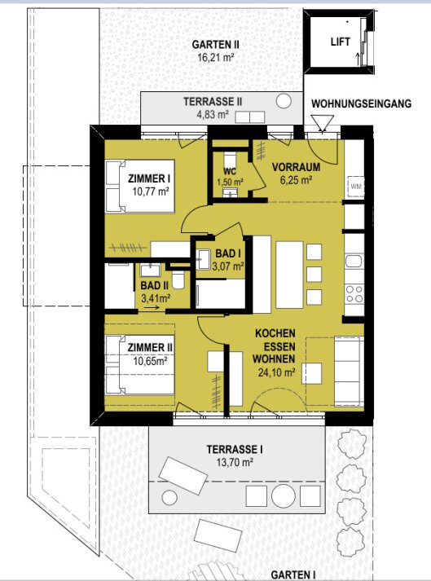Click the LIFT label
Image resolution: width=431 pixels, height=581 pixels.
click(341, 42)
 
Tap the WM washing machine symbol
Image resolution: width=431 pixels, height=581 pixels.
click(356, 186)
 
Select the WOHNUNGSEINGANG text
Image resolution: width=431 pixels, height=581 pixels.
click(361, 103)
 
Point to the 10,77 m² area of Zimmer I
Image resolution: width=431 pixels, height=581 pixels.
click(151, 191)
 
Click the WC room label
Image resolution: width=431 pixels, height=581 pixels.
click(230, 172)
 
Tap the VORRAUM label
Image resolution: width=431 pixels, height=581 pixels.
click(296, 167)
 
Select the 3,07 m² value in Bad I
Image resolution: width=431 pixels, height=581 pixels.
click(228, 266)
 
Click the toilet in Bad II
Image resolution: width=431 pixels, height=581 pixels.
click(178, 279)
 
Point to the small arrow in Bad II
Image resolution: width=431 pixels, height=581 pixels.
click(152, 307)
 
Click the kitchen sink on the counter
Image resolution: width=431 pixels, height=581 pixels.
click(354, 261)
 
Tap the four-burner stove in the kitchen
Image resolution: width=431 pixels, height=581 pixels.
click(354, 294)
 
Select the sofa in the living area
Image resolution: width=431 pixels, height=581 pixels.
click(348, 371)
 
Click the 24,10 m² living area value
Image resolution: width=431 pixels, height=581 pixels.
click(276, 372)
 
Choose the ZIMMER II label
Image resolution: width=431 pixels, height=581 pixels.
click(150, 348)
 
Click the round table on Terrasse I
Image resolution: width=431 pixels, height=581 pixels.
click(284, 495)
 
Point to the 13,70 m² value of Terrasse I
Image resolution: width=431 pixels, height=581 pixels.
click(235, 462)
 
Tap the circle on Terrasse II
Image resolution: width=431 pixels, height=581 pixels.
click(284, 101)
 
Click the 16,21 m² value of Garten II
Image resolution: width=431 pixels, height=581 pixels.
click(215, 57)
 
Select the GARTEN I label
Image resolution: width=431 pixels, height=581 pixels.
click(293, 575)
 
